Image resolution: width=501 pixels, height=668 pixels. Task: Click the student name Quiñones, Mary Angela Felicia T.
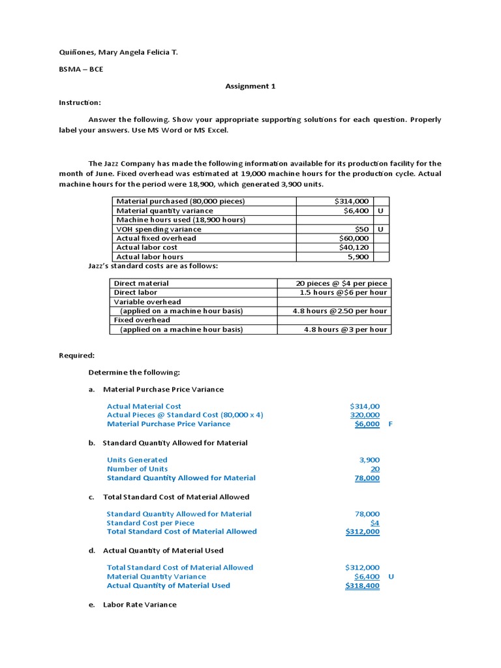tap(118, 52)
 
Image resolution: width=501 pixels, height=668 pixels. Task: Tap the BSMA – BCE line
tap(81, 68)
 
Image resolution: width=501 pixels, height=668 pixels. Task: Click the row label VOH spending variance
tap(159, 229)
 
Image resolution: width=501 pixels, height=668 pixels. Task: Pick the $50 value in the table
tap(362, 229)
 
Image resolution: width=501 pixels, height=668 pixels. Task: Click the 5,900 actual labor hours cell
tap(358, 256)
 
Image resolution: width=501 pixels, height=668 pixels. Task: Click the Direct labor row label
tap(135, 292)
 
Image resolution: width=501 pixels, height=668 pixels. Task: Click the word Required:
tap(77, 356)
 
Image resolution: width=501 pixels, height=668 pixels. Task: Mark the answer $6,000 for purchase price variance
tap(367, 423)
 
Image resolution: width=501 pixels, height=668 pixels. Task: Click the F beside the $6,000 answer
tap(390, 423)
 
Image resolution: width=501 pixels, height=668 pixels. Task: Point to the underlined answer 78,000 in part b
tap(367, 478)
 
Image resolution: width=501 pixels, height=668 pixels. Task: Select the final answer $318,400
tap(362, 585)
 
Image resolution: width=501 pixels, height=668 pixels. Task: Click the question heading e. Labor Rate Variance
tap(132, 605)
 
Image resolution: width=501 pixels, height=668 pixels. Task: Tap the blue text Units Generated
tap(137, 460)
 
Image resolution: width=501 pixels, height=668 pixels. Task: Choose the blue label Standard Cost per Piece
tap(150, 523)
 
